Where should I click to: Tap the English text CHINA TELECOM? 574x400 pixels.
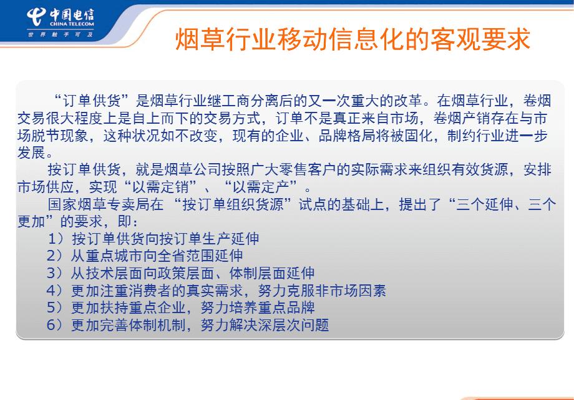point(72,24)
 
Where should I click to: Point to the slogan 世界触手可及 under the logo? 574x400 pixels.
point(61,34)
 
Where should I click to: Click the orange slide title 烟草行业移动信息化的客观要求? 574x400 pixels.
point(353,39)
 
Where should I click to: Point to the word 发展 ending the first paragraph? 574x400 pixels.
point(31,152)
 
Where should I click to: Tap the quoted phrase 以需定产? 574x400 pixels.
point(261,187)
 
